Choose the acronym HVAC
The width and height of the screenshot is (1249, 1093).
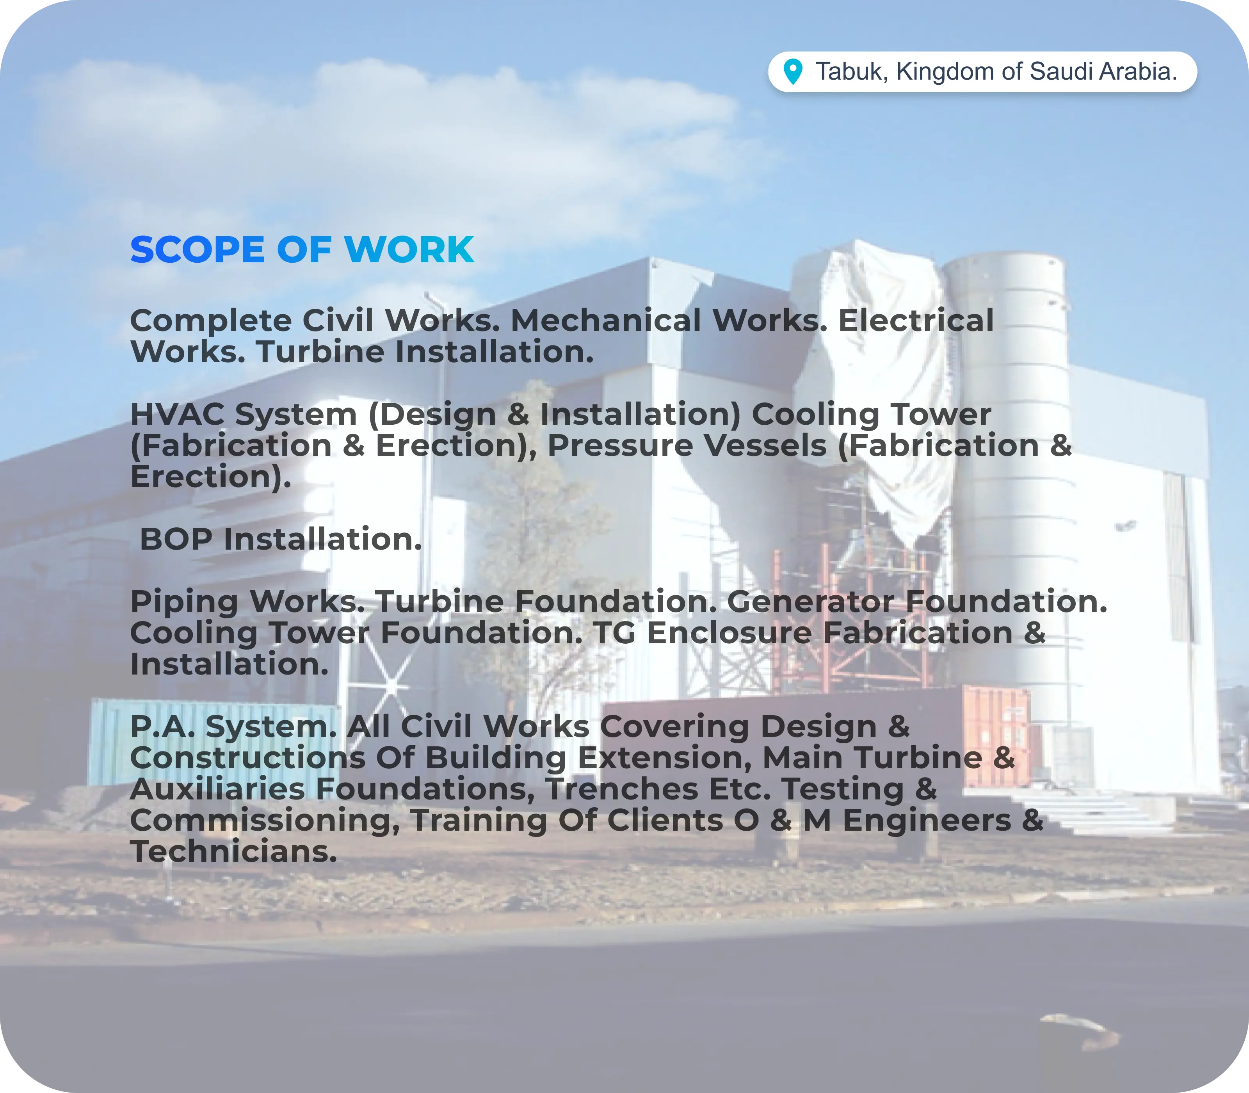(x=178, y=414)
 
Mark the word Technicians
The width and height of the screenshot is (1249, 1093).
(x=233, y=851)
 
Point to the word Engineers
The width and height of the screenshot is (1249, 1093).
(x=927, y=821)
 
